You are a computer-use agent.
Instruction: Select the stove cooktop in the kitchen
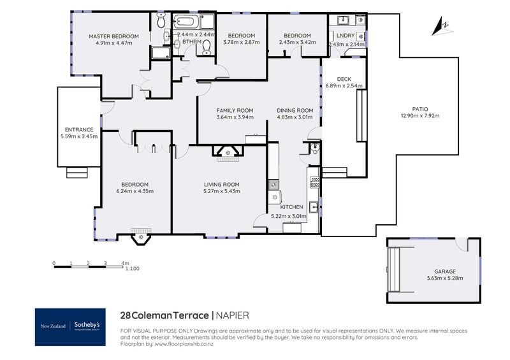point(314,182)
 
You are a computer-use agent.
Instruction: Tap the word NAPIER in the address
point(232,315)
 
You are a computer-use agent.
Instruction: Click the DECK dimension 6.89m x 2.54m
point(344,86)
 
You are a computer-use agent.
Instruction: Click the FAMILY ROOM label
point(235,110)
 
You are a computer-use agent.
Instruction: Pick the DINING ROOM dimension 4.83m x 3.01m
point(295,117)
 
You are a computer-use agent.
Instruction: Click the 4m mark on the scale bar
point(125,263)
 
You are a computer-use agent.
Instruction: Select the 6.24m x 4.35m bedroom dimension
point(135,191)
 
